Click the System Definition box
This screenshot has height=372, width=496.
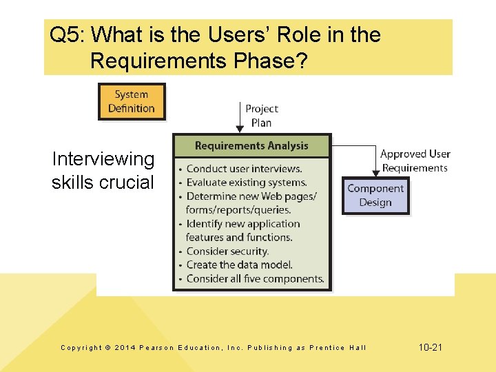(x=132, y=101)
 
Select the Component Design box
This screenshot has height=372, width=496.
(x=375, y=195)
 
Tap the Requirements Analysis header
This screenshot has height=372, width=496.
(x=251, y=145)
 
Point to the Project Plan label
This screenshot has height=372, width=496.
(x=262, y=116)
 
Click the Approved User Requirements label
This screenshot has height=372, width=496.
(x=415, y=161)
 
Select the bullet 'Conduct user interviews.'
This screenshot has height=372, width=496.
(x=244, y=169)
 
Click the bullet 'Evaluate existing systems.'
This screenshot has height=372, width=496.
(x=246, y=183)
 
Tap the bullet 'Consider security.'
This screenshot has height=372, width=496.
(x=227, y=251)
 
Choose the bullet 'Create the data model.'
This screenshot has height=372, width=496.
(x=239, y=265)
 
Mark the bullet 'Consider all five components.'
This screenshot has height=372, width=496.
(x=255, y=279)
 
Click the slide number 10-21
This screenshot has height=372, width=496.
(x=431, y=347)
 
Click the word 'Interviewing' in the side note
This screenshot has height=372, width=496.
(x=103, y=159)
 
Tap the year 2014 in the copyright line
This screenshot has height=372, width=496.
(x=125, y=348)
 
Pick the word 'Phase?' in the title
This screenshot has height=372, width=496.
(x=273, y=61)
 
